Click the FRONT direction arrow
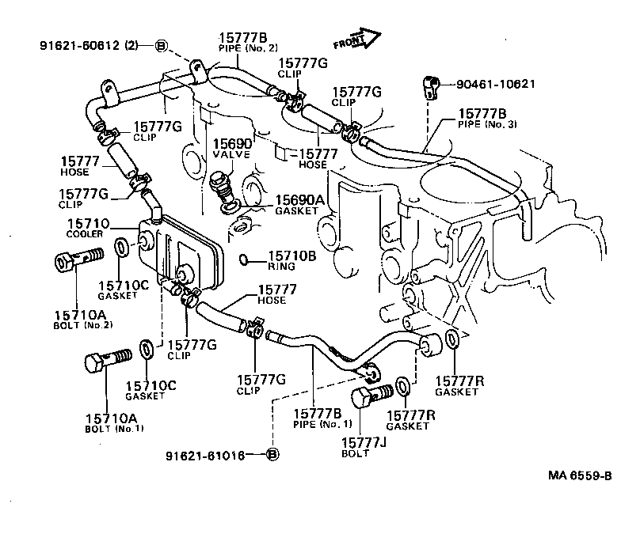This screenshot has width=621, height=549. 357,39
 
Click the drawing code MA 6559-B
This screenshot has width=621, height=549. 580,475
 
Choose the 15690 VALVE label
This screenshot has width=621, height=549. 231,150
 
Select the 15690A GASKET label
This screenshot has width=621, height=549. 299,206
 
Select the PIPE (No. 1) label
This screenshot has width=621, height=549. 317,424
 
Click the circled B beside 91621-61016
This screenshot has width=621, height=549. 272,455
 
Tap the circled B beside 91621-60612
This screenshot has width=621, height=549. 160,45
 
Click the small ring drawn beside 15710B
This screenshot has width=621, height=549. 246,259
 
